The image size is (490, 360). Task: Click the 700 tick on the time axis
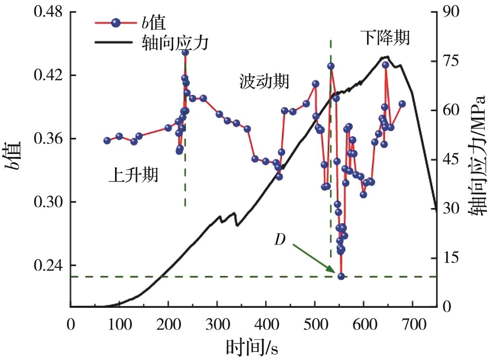[412, 316]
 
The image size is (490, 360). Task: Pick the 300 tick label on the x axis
[217, 316]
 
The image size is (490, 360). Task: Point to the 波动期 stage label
[264, 81]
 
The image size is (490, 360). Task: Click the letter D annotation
[280, 241]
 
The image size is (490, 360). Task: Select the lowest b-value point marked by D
[341, 276]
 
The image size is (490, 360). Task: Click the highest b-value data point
[185, 52]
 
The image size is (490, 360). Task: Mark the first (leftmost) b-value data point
[107, 141]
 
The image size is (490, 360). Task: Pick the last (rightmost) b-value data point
[402, 104]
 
